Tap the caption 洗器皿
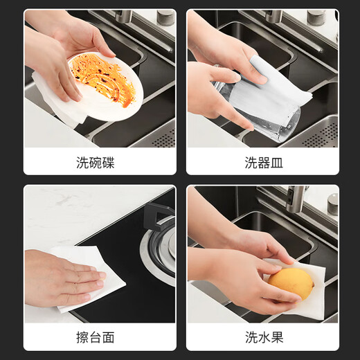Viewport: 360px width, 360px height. click(x=264, y=163)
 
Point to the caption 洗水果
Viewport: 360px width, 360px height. click(x=264, y=339)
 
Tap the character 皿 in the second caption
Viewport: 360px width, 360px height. click(x=278, y=163)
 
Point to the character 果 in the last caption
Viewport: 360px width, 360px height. click(x=278, y=339)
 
